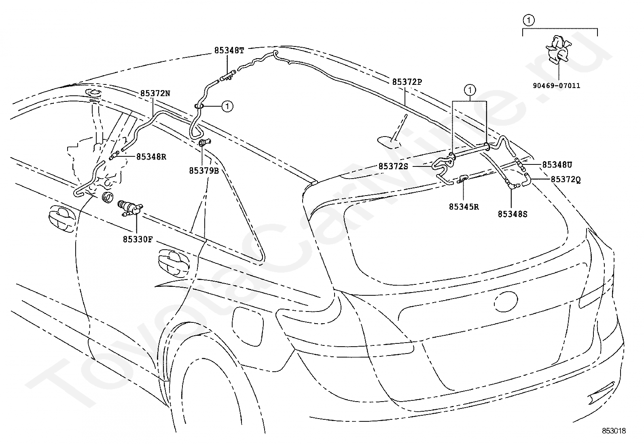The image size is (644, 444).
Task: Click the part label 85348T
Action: tap(229, 51)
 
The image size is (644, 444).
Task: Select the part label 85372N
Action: tap(155, 93)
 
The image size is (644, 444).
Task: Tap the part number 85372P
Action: tap(407, 82)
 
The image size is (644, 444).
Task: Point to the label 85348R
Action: tap(151, 157)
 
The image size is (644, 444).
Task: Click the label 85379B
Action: tap(204, 171)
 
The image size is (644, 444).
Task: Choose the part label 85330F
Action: tap(138, 239)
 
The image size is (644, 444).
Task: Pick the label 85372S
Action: tap(393, 166)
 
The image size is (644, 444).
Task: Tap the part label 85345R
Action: tap(464, 207)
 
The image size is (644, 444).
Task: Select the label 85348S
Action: tap(513, 214)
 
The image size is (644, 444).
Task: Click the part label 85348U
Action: tap(557, 165)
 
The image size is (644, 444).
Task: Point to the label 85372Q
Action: tap(566, 180)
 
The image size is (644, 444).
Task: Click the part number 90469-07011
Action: tap(557, 86)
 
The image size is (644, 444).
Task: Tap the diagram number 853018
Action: tap(614, 431)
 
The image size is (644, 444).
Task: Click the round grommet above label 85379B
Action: tap(204, 142)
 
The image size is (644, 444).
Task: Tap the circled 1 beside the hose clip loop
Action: tap(227, 107)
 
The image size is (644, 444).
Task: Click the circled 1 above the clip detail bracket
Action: tap(529, 20)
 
